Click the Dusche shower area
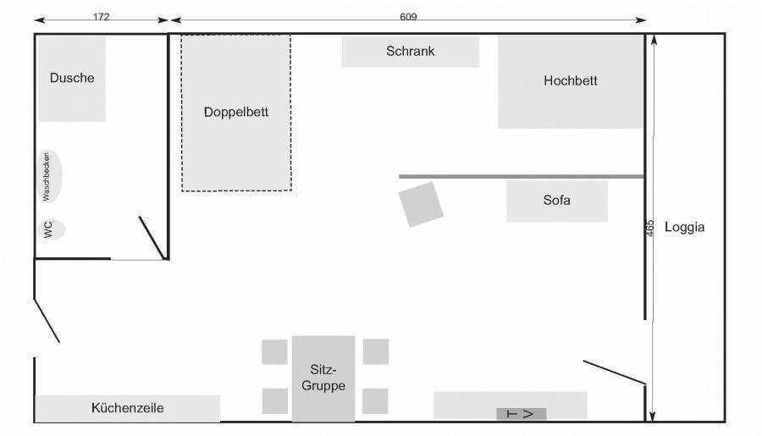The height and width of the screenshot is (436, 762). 72,79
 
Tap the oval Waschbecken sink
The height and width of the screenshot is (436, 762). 50,176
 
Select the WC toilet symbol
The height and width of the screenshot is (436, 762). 51,229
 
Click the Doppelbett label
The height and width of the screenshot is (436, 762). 236,113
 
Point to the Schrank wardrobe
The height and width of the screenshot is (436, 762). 410,52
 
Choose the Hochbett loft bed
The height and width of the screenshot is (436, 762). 571,81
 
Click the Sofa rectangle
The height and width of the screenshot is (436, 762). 557,201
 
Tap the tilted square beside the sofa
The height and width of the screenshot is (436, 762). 421,204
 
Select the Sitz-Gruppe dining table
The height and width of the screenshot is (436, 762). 323,378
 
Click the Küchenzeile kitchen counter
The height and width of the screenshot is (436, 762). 127,408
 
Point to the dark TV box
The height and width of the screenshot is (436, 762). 522,414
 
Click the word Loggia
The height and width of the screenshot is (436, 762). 684,227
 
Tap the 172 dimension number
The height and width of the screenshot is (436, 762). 101,17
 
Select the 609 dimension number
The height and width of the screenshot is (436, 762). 408,17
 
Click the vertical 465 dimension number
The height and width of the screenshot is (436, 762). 650,229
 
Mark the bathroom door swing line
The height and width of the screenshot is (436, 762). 152,238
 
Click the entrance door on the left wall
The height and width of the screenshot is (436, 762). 47,321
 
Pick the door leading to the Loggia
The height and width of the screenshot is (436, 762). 615,373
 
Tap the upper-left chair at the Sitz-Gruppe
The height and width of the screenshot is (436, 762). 274,352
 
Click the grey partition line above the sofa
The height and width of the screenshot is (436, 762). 522,176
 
